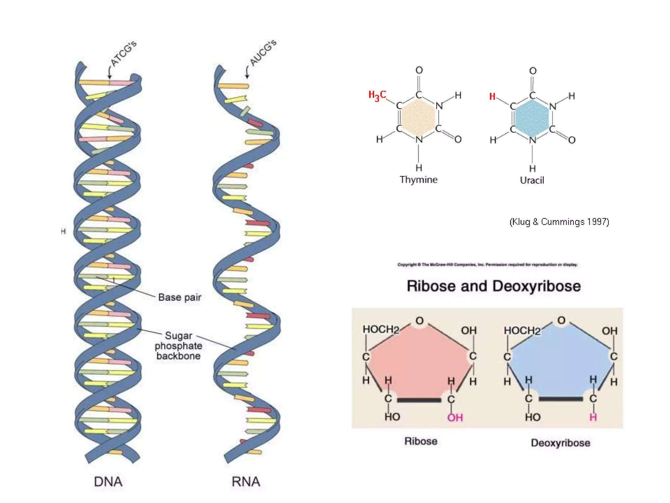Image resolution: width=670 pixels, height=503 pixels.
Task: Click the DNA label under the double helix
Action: (x=108, y=482)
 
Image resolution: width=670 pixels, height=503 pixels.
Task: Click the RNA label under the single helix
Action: (x=246, y=482)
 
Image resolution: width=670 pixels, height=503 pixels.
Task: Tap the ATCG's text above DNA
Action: (x=123, y=54)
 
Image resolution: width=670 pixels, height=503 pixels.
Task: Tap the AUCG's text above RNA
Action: (x=263, y=53)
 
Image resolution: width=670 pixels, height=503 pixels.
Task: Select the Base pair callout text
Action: (x=180, y=297)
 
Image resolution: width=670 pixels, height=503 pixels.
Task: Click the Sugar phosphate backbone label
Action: (x=178, y=346)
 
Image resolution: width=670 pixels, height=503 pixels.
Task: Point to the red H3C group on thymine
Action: (x=377, y=95)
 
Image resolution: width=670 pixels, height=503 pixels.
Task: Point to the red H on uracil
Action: (x=492, y=97)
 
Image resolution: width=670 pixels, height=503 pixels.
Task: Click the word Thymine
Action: (x=418, y=180)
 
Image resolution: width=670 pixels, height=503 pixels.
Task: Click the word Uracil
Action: (x=532, y=180)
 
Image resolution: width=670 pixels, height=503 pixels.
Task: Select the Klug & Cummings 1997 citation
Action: (x=559, y=222)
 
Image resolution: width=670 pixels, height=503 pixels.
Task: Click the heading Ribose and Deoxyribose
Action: (x=494, y=286)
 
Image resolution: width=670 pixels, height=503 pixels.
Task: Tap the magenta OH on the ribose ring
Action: (x=455, y=418)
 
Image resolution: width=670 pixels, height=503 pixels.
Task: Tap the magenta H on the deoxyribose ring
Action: (x=593, y=417)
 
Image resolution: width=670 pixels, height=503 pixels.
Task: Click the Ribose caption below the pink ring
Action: (x=421, y=441)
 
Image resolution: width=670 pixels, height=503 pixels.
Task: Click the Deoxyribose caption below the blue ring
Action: (x=560, y=443)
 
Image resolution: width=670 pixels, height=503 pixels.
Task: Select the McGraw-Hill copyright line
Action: (x=487, y=265)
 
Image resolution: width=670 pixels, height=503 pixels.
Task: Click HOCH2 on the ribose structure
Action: (x=381, y=329)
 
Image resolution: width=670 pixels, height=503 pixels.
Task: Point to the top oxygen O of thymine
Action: (x=419, y=70)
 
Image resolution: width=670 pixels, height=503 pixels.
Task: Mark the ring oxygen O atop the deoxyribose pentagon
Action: (x=561, y=320)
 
